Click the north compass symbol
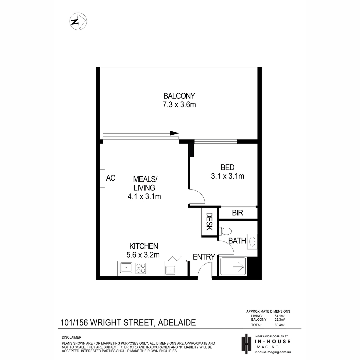78,21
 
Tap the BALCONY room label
179,96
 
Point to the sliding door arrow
141,133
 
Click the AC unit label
111,178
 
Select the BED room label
227,167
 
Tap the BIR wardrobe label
237,213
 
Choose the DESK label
209,221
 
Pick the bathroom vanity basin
252,241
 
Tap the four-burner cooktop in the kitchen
140,268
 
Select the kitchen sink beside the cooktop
126,268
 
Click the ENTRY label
204,257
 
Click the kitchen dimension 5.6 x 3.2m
143,255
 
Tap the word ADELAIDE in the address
177,322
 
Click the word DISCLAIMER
72,337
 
